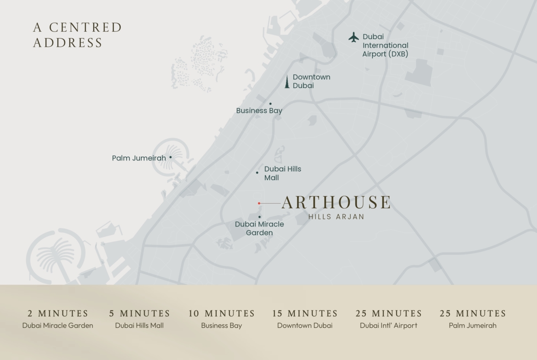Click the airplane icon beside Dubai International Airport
click(x=353, y=37)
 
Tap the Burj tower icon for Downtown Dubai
click(x=287, y=82)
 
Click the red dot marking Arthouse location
click(x=259, y=203)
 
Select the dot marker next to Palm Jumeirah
click(x=171, y=157)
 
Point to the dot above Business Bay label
click(x=270, y=104)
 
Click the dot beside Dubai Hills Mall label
click(x=257, y=172)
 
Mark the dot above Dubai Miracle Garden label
click(x=259, y=217)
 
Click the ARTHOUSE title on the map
click(x=336, y=202)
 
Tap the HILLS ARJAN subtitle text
click(x=336, y=217)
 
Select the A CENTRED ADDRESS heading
click(x=77, y=35)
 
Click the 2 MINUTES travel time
click(x=58, y=314)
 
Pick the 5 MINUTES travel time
click(x=140, y=314)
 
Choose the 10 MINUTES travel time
click(x=221, y=314)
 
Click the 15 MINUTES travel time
click(x=305, y=314)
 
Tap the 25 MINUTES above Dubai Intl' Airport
click(x=388, y=314)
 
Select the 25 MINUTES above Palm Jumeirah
click(x=473, y=314)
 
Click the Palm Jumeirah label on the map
click(x=139, y=158)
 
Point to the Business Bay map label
click(x=259, y=111)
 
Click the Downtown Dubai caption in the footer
click(x=305, y=326)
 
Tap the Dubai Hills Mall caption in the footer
click(x=140, y=326)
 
